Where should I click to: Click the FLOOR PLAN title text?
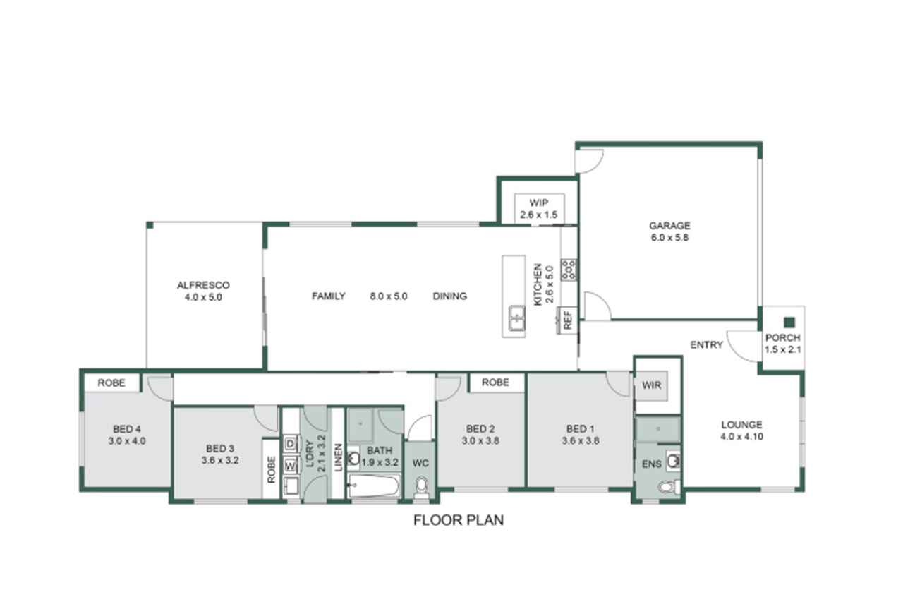point(459,520)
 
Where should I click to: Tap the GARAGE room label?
point(669,225)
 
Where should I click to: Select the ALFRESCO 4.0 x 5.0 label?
point(203,291)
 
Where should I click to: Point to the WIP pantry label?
point(538,203)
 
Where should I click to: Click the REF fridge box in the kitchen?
point(567,320)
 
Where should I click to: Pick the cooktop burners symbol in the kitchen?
point(569,270)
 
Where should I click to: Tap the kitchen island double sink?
point(516,318)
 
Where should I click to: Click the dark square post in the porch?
point(789,322)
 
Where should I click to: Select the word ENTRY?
point(706,344)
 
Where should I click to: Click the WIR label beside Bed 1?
point(651,385)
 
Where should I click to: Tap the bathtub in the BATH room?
point(374,486)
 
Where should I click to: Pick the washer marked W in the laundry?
point(291,466)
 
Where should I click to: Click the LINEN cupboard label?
point(338,457)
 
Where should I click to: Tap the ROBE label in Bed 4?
point(111,383)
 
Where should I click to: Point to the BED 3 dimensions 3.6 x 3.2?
point(220,460)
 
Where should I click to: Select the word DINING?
point(450,296)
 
